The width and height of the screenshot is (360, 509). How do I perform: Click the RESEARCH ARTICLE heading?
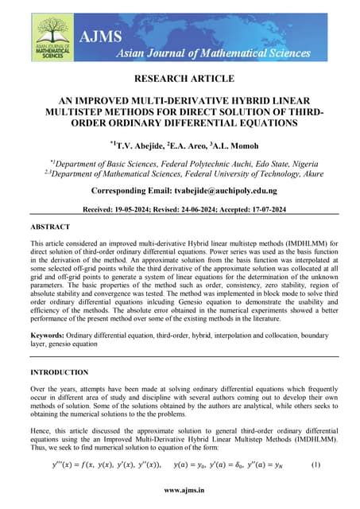180,79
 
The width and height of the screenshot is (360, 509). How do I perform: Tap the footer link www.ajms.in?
180,492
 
